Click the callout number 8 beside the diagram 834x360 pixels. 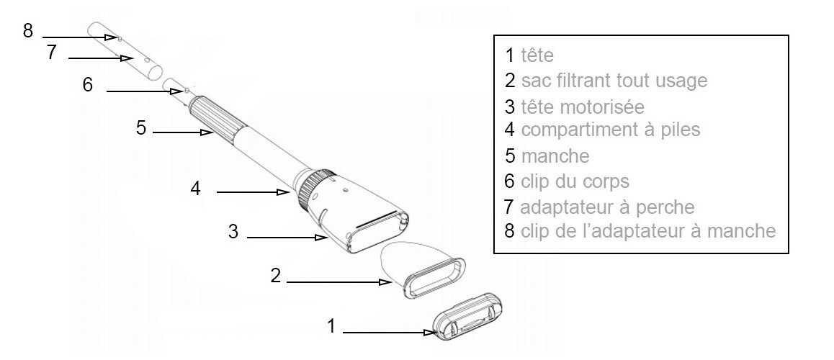(x=28, y=30)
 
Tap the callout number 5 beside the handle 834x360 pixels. (x=141, y=128)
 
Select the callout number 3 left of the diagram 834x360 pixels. (x=233, y=231)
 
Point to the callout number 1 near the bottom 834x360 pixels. (x=331, y=326)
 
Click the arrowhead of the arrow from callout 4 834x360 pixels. (x=283, y=192)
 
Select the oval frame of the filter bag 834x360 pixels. (x=434, y=279)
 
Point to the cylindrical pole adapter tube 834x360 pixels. (x=125, y=50)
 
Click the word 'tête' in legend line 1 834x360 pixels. (x=537, y=55)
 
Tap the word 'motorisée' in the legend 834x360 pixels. (x=602, y=107)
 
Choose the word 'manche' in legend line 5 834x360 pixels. (x=555, y=156)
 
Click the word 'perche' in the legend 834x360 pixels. (x=666, y=207)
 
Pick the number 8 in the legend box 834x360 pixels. (x=510, y=231)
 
